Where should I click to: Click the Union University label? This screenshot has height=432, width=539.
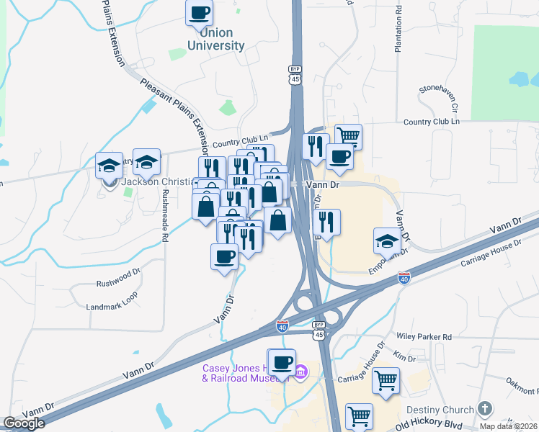(215, 39)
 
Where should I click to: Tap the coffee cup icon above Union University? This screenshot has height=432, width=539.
(200, 12)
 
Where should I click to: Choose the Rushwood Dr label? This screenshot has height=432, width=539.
(118, 274)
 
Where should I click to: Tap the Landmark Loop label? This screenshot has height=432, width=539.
(112, 306)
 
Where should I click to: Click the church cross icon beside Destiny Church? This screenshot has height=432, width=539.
(485, 408)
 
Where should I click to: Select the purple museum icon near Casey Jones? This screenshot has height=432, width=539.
(301, 372)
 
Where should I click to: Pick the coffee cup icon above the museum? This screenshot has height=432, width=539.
(282, 361)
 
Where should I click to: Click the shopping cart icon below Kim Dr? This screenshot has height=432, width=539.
(386, 379)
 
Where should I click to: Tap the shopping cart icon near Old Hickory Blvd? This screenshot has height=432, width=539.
(359, 415)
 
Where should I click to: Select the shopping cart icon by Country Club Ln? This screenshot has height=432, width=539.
(348, 135)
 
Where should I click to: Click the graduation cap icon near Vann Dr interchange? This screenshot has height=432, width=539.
(387, 241)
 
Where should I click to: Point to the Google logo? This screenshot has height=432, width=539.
(24, 423)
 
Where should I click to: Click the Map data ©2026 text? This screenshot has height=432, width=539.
(508, 426)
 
